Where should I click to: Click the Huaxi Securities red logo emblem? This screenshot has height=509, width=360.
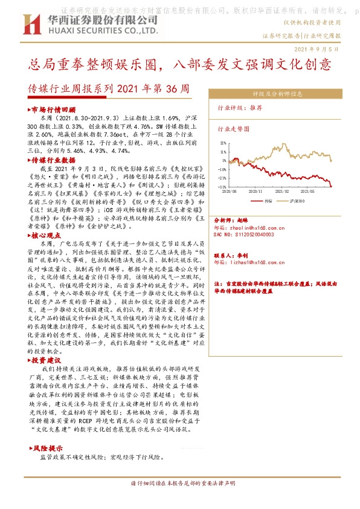(x=30, y=25)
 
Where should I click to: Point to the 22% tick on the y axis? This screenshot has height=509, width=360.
(x=222, y=143)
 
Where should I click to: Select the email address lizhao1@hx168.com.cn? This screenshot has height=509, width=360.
(x=250, y=262)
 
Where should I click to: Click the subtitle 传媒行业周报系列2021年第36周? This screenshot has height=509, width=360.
(x=109, y=88)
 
